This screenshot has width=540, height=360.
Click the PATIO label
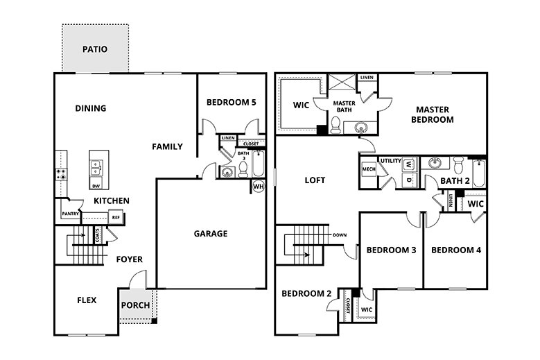tap(95, 49)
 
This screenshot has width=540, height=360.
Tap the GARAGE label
tap(210, 234)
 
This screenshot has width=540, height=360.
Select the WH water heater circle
tap(259, 186)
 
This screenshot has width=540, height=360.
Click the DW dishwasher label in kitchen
tap(96, 186)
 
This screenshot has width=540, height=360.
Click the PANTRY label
tap(70, 214)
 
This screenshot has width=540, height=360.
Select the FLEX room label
tap(87, 300)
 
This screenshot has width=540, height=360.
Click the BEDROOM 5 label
tap(232, 103)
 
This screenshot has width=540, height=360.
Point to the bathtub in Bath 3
tap(257, 165)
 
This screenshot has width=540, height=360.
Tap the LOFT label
tap(315, 180)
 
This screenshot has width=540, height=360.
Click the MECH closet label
tap(368, 169)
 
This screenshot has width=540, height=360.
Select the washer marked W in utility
tap(409, 165)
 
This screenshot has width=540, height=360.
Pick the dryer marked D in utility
tap(409, 180)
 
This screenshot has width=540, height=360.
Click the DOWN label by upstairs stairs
tap(340, 234)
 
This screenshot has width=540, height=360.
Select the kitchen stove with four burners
tap(60, 174)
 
